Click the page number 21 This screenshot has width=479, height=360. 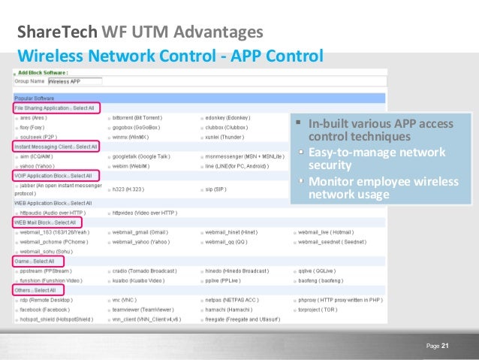444,345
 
